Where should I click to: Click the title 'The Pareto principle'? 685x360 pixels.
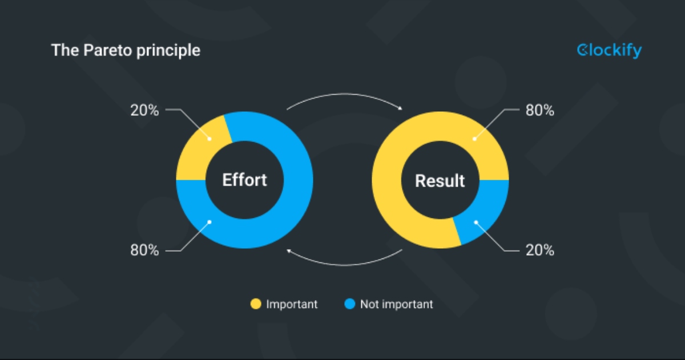(126, 50)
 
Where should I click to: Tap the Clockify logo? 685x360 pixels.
(609, 51)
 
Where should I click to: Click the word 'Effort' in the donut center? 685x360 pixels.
(244, 180)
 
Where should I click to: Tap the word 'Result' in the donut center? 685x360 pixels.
(440, 181)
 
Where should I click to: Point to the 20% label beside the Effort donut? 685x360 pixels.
(144, 110)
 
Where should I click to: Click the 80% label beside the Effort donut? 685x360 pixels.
(144, 250)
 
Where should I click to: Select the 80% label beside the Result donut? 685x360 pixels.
(539, 110)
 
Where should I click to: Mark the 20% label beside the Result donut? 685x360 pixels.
(539, 250)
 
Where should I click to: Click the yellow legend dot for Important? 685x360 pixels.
(256, 305)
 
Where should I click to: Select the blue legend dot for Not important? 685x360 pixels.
(350, 305)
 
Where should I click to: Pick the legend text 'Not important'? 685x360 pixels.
(396, 305)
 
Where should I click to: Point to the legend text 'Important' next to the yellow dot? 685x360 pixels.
(292, 305)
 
